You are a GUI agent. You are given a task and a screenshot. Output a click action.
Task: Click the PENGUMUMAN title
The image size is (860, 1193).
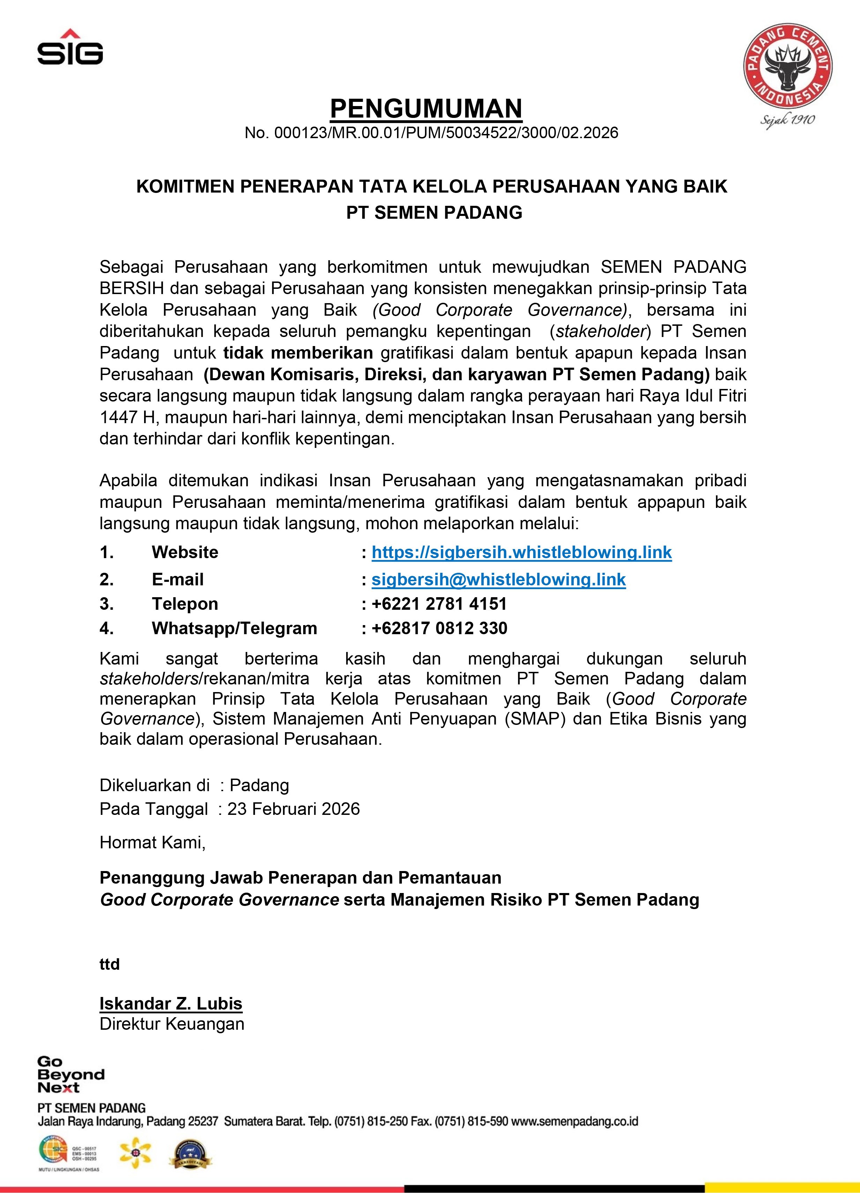pyautogui.click(x=426, y=109)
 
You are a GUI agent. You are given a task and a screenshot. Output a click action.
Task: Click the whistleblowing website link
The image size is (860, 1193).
pyautogui.click(x=521, y=552)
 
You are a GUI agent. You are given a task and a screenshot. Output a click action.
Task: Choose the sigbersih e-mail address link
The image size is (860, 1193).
pyautogui.click(x=498, y=580)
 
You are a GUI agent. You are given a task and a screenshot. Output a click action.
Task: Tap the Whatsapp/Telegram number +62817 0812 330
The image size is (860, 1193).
pyautogui.click(x=439, y=628)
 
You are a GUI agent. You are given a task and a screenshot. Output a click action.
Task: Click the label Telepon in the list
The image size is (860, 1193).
pyautogui.click(x=185, y=604)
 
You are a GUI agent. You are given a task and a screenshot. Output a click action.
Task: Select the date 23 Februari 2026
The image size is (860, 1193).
pyautogui.click(x=293, y=809)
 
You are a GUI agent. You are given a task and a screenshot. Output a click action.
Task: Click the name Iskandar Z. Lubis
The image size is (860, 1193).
pyautogui.click(x=171, y=1004)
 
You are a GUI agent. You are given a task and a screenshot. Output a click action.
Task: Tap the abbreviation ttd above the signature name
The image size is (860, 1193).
pyautogui.click(x=110, y=964)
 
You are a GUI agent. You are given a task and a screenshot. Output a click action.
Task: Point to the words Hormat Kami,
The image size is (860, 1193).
pyautogui.click(x=152, y=843)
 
